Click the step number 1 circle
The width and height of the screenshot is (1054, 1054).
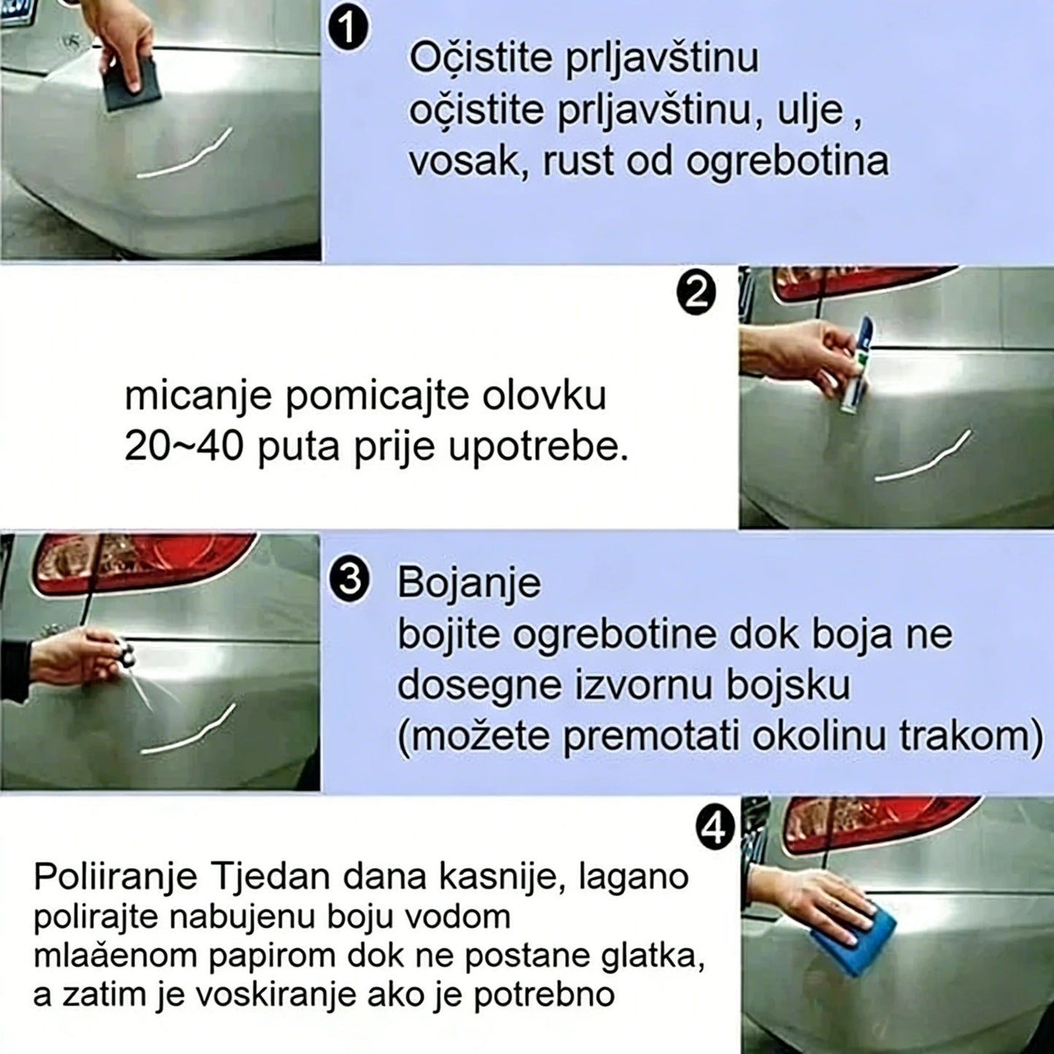point(349,31)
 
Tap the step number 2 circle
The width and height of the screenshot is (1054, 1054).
point(697,294)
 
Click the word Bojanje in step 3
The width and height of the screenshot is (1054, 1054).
point(468,583)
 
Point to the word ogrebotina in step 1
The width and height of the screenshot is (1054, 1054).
point(787,161)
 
